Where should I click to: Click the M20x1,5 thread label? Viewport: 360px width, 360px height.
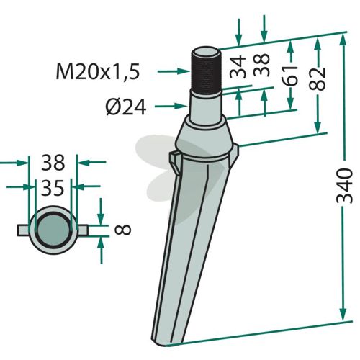[98, 72]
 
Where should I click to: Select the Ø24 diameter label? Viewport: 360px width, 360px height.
[126, 107]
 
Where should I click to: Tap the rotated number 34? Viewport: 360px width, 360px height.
[238, 67]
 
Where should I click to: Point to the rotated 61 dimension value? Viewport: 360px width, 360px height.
[290, 75]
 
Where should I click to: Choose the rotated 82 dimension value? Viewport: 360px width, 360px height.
[318, 79]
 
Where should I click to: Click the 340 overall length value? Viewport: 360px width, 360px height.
[345, 186]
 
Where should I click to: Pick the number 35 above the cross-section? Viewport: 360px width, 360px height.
[53, 187]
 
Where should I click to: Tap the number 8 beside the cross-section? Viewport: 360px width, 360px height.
[123, 230]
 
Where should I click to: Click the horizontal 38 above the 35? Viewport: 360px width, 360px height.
[53, 163]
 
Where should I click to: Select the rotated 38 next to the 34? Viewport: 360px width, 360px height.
[262, 65]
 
